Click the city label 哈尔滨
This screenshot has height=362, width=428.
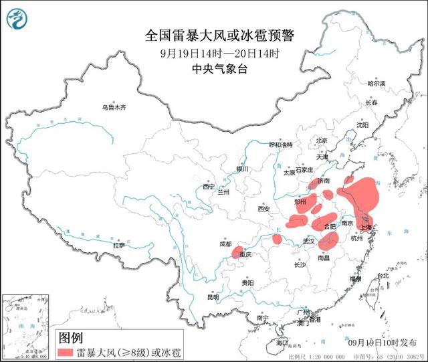377,84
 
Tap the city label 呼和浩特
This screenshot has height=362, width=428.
281,145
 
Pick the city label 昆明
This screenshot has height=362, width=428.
213,296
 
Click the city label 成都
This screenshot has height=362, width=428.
224,245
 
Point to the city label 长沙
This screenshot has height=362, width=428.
300,265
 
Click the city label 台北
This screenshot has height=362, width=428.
383,276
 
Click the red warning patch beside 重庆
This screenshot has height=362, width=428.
237,252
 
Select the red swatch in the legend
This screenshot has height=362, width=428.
72,351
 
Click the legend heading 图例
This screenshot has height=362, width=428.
70,337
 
